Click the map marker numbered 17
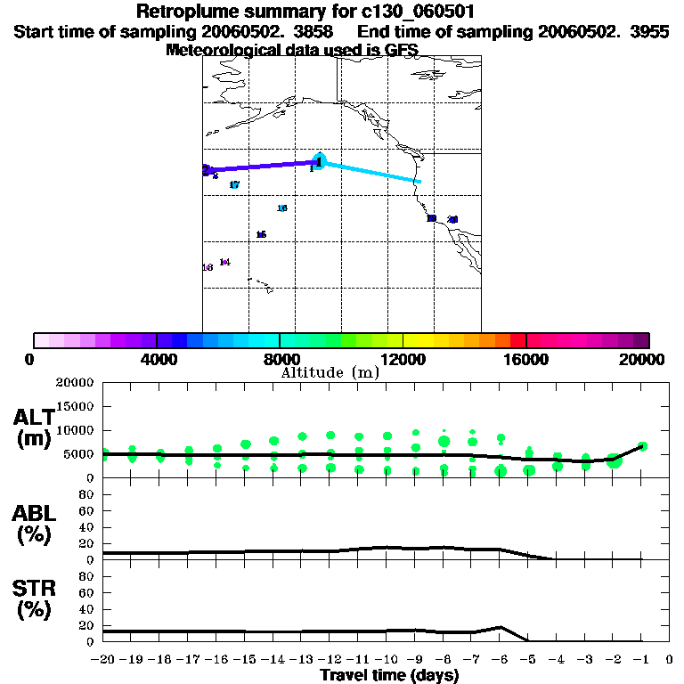pos(234,185)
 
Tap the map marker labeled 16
pos(282,208)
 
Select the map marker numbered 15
pos(261,235)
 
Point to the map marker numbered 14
pos(224,262)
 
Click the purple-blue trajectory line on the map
pos(262,166)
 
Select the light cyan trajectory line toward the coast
pos(370,172)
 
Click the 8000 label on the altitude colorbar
pos(281,359)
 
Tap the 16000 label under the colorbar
pos(526,359)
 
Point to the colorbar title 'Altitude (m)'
pos(330,372)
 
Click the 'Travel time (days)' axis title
pos(389,675)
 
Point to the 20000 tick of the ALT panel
pos(75,383)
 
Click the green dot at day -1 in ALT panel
pos(642,446)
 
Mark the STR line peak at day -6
pos(501,627)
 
